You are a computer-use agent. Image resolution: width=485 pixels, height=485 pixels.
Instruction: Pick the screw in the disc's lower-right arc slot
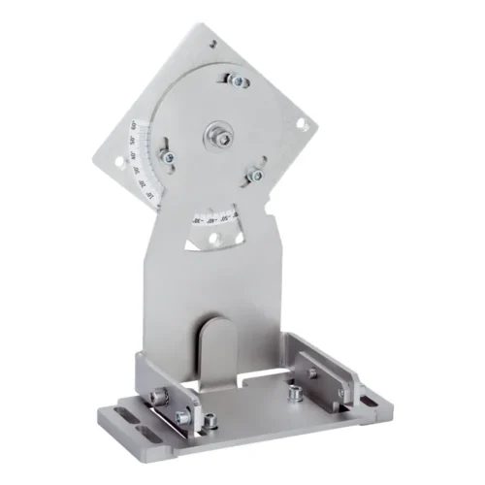coord(256,174)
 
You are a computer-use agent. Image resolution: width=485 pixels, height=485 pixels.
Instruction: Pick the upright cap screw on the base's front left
coord(207,419)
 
